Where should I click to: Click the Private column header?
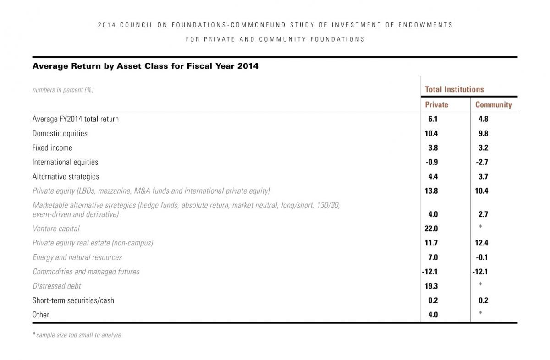pyautogui.click(x=436, y=105)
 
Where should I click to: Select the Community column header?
pyautogui.click(x=493, y=105)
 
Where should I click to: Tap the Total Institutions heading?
pyautogui.click(x=454, y=89)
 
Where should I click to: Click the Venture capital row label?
pyautogui.click(x=56, y=229)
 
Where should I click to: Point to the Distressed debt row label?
pyautogui.click(x=57, y=286)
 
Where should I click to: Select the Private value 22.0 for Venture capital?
pyautogui.click(x=431, y=229)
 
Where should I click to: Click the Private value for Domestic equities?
pyautogui.click(x=431, y=133)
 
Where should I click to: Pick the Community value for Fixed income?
pyautogui.click(x=483, y=148)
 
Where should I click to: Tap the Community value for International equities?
pyautogui.click(x=482, y=162)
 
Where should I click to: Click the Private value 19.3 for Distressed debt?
pyautogui.click(x=431, y=286)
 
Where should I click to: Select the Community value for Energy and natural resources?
pyautogui.click(x=482, y=257)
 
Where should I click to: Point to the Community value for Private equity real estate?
pyautogui.click(x=482, y=243)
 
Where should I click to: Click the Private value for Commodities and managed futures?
pyautogui.click(x=430, y=272)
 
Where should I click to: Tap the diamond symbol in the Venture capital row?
pyautogui.click(x=480, y=226)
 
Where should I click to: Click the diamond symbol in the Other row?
pyautogui.click(x=480, y=312)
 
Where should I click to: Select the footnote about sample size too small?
pyautogui.click(x=77, y=335)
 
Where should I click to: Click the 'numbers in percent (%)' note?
pyautogui.click(x=63, y=90)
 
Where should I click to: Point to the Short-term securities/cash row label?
pyautogui.click(x=73, y=300)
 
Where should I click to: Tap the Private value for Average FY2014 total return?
pyautogui.click(x=433, y=119)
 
